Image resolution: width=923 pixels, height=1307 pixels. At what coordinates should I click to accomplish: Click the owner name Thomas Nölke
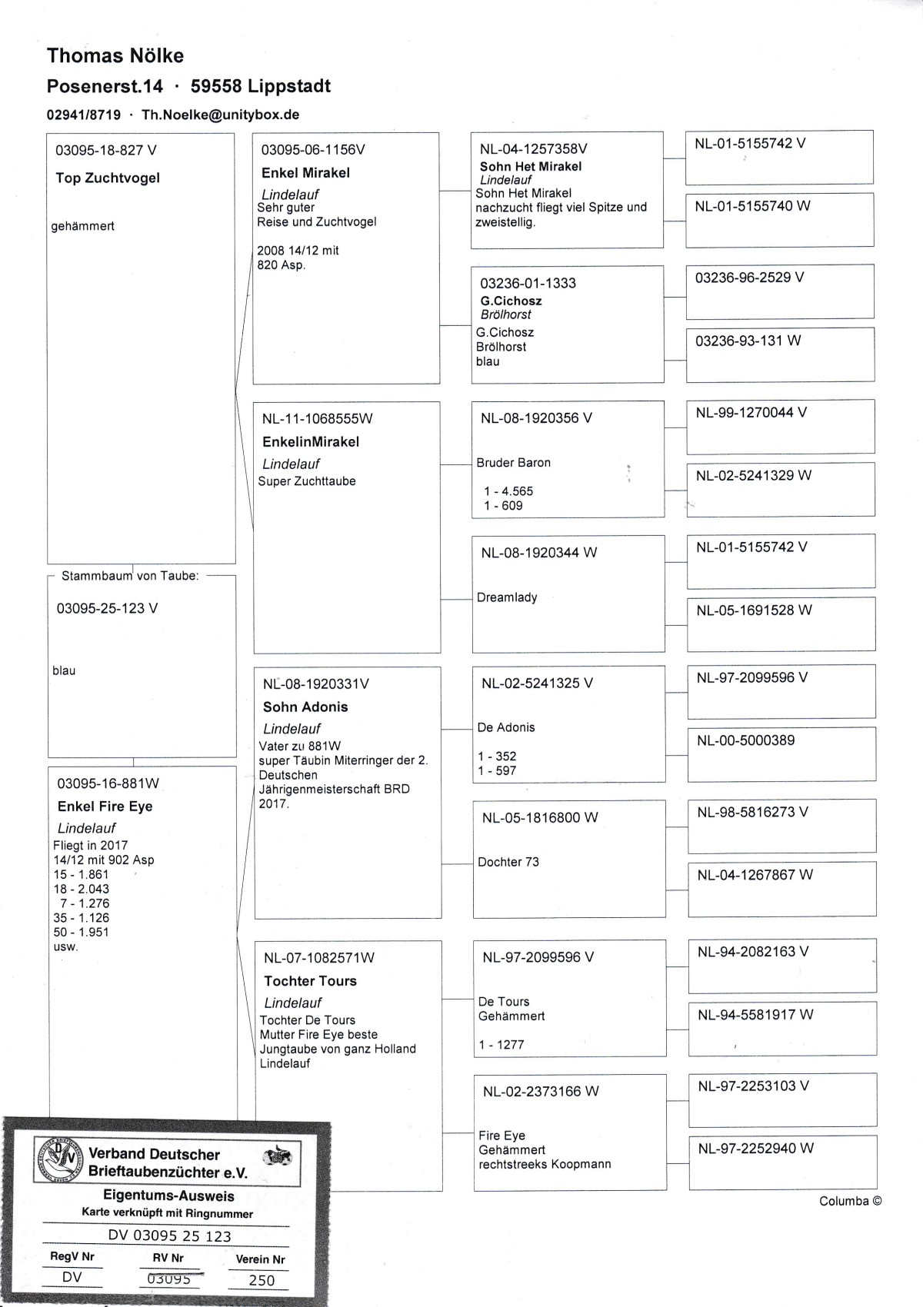point(115,56)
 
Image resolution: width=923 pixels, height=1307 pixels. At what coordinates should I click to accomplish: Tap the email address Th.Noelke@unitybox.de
point(221,115)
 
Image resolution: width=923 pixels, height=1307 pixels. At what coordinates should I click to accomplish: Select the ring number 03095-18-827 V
point(106,150)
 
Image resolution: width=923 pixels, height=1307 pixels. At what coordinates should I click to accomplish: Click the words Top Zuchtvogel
point(108,178)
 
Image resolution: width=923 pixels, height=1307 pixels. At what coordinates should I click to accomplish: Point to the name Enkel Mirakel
point(305,173)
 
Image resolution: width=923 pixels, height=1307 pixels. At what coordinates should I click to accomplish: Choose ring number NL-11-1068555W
point(317,419)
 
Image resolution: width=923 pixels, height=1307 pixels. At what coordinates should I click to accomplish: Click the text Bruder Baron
point(514,463)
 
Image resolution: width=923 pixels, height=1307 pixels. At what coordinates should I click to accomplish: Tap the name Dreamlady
point(507,597)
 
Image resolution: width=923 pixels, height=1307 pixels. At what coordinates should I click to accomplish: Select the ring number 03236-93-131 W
point(748,341)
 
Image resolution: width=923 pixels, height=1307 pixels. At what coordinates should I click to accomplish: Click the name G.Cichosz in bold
point(511,301)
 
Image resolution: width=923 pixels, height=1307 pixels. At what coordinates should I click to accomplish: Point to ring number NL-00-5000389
point(745,740)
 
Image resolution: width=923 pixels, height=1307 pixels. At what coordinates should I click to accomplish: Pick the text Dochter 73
point(508,862)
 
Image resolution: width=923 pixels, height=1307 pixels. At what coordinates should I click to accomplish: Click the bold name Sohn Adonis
point(305,707)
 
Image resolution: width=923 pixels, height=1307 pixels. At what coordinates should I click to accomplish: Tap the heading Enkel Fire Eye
point(105,806)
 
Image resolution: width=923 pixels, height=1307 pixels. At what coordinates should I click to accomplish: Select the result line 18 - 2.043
point(82,889)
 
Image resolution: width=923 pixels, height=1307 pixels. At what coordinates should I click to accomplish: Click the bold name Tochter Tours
point(310,981)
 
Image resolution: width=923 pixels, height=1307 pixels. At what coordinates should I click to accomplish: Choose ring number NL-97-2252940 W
point(755,1149)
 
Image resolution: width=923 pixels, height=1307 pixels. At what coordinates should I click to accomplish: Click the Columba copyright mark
point(850,1201)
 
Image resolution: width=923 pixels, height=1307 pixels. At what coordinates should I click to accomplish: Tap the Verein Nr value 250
point(262,1280)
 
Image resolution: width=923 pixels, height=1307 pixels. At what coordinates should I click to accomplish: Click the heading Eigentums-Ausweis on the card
point(168,1196)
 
